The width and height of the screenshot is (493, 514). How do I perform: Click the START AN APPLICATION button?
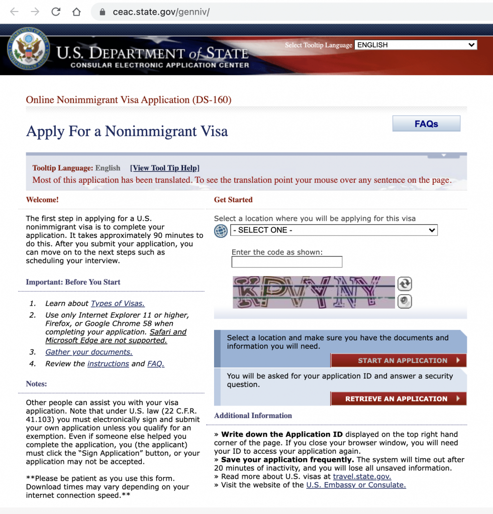click(399, 360)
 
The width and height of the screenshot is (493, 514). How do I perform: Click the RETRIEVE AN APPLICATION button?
click(399, 399)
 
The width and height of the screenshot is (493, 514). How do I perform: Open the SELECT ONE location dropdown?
click(334, 230)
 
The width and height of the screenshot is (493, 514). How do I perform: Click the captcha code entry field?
click(286, 262)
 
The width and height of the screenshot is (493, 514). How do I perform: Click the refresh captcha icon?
click(405, 284)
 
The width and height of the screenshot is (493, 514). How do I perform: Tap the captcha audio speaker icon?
click(405, 301)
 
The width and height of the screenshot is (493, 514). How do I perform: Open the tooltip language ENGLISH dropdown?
click(416, 45)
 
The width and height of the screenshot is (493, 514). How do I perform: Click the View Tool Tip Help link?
click(165, 168)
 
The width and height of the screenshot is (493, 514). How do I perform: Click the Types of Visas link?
click(118, 303)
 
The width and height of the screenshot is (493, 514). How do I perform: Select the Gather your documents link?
click(89, 352)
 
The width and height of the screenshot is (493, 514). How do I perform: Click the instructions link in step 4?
click(108, 363)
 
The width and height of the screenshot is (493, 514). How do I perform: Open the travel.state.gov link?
click(362, 476)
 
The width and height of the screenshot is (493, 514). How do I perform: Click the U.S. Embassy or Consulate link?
click(356, 485)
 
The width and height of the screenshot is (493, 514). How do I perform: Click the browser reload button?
click(56, 12)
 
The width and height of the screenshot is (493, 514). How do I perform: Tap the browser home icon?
click(76, 12)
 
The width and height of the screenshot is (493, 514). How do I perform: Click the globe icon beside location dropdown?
click(221, 230)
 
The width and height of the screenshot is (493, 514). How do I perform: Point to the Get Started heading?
click(233, 200)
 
